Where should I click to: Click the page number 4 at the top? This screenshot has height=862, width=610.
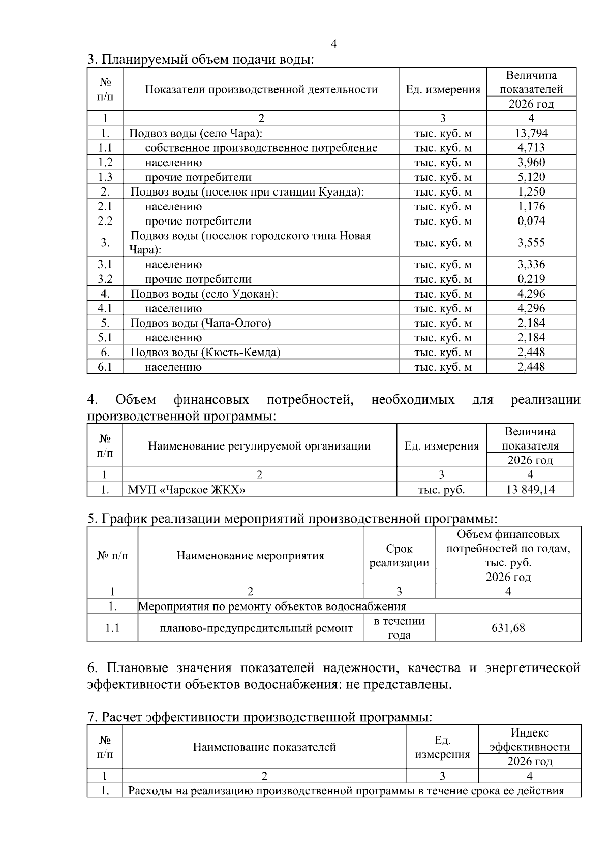333,44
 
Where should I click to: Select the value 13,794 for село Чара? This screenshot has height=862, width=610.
531,134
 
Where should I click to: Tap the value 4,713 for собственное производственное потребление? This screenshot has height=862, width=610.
531,148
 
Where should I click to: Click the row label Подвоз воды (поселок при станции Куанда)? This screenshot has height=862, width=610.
247,192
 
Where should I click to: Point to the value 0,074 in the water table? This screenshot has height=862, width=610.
531,221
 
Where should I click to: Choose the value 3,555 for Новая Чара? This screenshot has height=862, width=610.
531,243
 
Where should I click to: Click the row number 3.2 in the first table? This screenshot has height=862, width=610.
105,279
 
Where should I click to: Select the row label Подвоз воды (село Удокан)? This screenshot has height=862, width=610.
204,294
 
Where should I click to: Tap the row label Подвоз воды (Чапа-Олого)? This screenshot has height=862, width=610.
201,323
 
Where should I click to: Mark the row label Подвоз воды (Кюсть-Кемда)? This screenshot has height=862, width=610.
205,353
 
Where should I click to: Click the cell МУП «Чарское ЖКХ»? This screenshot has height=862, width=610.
187,490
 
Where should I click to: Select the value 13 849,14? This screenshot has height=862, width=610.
530,490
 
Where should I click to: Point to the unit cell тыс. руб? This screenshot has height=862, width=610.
441,490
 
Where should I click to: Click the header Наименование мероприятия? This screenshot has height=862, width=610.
250,556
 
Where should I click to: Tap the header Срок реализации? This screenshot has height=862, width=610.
399,556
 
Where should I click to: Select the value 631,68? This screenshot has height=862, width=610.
508,628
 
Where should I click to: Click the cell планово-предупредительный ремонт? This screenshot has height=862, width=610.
256,628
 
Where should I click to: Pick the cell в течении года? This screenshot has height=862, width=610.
399,628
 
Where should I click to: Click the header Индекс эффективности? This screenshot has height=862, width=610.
529,740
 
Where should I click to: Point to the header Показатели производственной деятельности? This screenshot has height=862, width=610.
261,90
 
